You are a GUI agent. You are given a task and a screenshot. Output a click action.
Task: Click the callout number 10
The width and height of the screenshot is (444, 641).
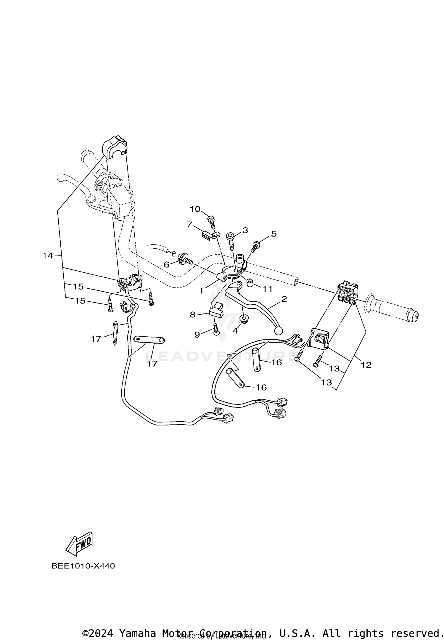(195, 209)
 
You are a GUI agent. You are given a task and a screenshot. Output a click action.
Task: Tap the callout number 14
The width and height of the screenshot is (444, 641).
(48, 256)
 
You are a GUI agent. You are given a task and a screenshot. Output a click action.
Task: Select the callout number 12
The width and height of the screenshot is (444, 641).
(366, 365)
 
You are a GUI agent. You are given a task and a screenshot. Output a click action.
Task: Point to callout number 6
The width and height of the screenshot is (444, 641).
(166, 264)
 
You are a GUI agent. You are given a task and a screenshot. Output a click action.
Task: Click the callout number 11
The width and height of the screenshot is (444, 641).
(268, 289)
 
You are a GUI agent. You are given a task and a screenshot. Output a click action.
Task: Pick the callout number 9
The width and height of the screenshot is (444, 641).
(197, 335)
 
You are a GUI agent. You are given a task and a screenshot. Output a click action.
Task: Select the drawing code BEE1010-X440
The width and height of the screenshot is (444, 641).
(83, 566)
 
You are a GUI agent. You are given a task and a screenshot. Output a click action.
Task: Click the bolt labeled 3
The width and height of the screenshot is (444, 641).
(231, 241)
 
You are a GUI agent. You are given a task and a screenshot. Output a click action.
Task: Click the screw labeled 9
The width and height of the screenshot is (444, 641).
(216, 329)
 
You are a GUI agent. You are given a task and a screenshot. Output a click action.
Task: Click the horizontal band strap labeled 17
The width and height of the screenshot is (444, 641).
(149, 340)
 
